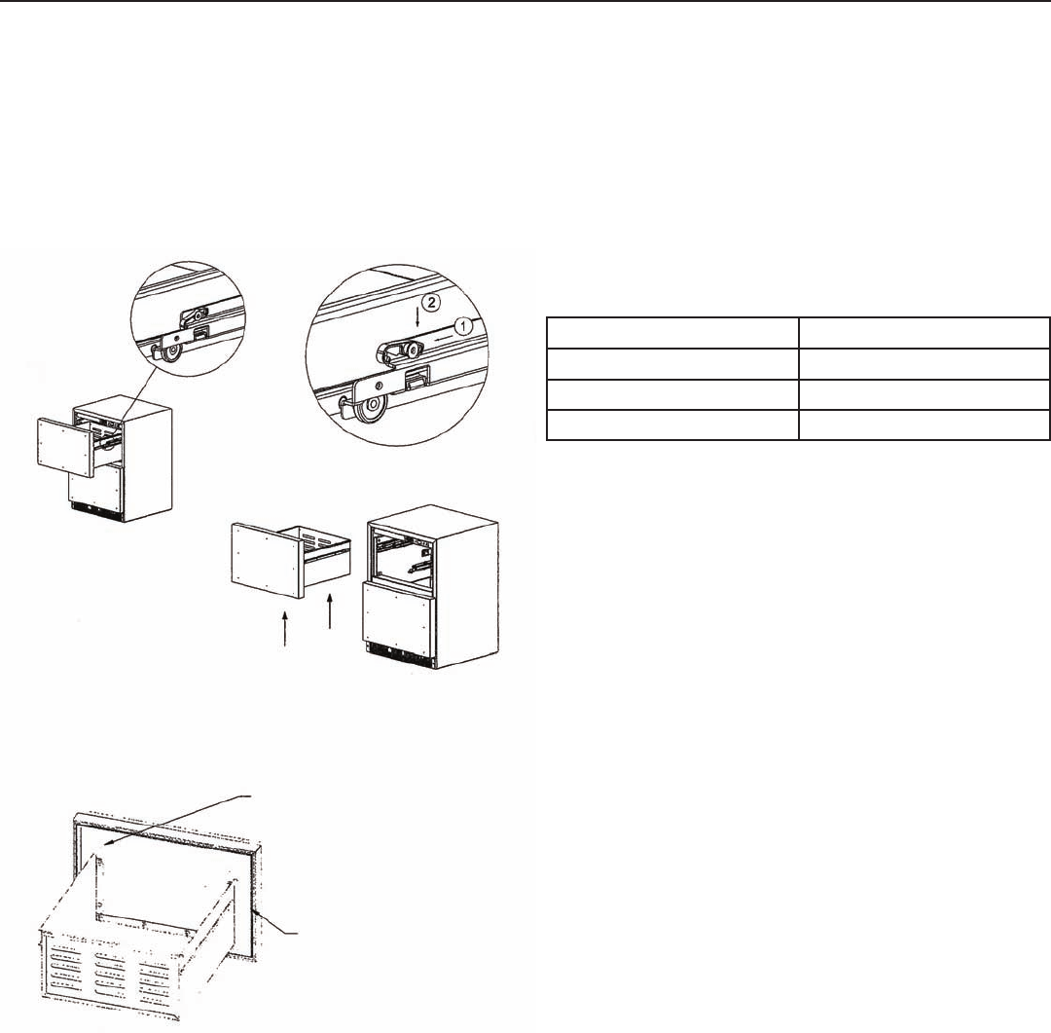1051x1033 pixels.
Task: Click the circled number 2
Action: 432,302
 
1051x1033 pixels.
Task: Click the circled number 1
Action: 463,327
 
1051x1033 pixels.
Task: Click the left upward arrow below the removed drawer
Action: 285,629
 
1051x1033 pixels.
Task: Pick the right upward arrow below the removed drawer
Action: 330,610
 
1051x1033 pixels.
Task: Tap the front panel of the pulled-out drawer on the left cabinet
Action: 65,448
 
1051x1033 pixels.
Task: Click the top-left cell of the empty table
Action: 672,333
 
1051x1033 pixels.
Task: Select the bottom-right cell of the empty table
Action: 924,425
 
